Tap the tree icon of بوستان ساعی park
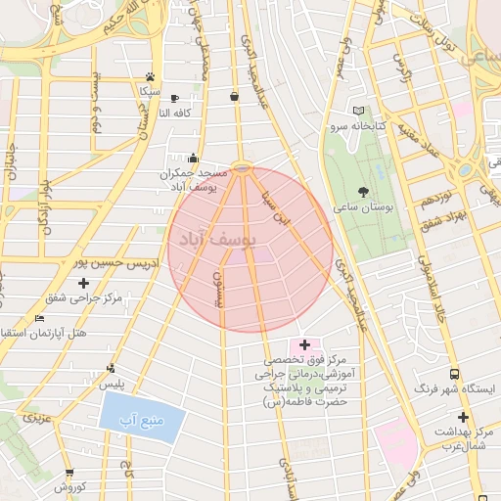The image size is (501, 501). pos(364,192)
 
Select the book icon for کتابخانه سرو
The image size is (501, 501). pos(358,111)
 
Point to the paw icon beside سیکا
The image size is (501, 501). pos(149,75)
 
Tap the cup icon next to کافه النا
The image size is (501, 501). pos(174,98)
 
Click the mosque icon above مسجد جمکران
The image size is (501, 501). pos(193,158)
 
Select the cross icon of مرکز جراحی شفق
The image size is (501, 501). pos(83,283)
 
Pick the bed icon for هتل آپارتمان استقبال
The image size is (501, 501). pos(39,319)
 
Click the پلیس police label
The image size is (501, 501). pos(114,384)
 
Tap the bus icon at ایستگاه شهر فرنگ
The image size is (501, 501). pos(454,374)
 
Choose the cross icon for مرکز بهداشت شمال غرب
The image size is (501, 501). pos(463,418)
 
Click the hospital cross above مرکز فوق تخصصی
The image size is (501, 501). pos(305,344)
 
